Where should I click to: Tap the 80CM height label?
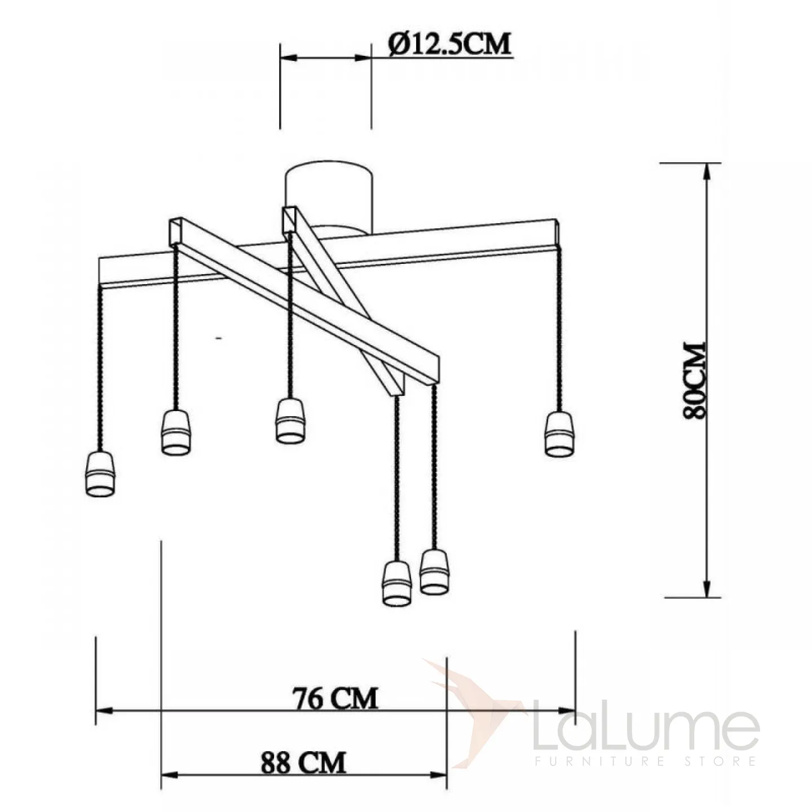click(x=694, y=379)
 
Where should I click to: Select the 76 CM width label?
click(x=335, y=698)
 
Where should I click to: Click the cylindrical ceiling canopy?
click(x=329, y=198)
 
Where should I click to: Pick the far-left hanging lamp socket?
click(x=101, y=474)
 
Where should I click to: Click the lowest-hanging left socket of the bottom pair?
click(x=398, y=584)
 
